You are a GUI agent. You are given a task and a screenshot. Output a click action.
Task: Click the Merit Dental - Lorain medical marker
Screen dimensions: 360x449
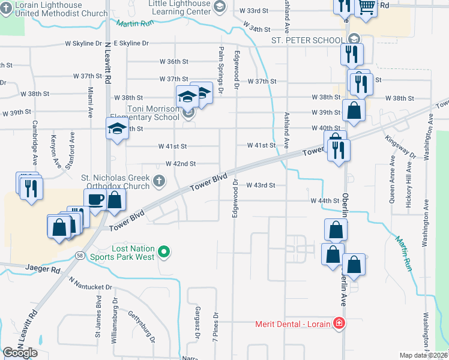pyautogui.click(x=340, y=323)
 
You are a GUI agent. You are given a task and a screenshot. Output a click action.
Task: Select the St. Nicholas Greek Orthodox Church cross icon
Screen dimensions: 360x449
pyautogui.click(x=159, y=180)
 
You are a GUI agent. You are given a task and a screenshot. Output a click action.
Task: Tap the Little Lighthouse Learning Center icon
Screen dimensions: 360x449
pyautogui.click(x=219, y=5)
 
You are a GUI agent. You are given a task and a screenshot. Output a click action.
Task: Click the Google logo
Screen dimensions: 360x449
pyautogui.click(x=20, y=353)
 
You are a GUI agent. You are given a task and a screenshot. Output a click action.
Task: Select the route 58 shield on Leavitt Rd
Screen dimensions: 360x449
pyautogui.click(x=80, y=256)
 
